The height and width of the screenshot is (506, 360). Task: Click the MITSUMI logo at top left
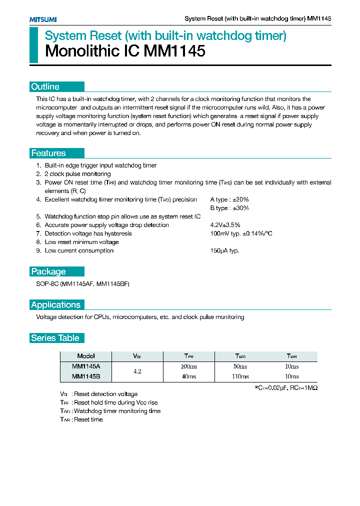[x=42, y=19]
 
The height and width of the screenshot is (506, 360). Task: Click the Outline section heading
[x=45, y=87]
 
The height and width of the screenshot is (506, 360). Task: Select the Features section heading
[x=48, y=153]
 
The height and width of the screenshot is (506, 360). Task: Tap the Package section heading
[x=48, y=272]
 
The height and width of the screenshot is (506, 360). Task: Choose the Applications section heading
[x=55, y=305]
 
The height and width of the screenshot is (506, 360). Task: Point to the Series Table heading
[x=55, y=338]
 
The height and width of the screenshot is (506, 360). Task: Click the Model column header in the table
[x=86, y=356]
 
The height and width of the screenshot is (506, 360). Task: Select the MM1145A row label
[x=86, y=366]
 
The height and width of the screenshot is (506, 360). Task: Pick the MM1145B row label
[x=86, y=376]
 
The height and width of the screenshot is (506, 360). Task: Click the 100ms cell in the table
[x=189, y=366]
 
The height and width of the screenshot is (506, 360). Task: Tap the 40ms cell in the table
[x=189, y=376]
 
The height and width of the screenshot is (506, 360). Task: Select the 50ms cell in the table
[x=240, y=366]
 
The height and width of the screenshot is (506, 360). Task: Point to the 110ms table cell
[x=240, y=376]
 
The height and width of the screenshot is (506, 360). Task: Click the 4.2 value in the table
[x=137, y=371]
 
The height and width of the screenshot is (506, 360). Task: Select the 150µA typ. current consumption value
[x=224, y=250]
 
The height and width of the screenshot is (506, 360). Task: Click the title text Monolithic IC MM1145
[x=125, y=51]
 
